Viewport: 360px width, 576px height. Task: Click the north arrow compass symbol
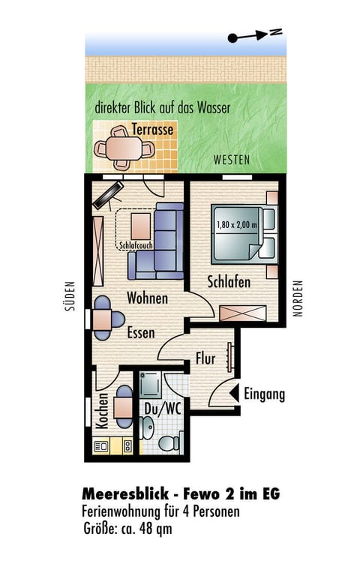click(254, 35)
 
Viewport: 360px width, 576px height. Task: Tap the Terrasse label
click(152, 129)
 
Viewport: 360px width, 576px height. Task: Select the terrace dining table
click(124, 148)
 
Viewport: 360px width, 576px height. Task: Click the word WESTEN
click(232, 160)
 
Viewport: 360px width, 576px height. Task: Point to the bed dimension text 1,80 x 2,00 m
click(236, 224)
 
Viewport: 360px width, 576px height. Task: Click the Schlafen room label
click(229, 282)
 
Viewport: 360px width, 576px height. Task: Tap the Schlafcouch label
click(136, 245)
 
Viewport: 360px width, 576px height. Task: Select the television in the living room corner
click(108, 196)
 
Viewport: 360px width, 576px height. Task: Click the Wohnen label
click(147, 298)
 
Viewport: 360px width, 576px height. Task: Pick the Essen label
click(141, 332)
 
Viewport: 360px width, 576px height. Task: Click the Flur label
click(205, 358)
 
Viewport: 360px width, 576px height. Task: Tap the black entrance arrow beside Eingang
click(234, 393)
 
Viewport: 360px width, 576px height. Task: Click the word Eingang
click(265, 394)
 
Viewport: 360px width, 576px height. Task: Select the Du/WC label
click(162, 409)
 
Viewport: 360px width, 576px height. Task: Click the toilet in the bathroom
click(169, 443)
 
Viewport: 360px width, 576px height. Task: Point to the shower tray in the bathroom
click(150, 384)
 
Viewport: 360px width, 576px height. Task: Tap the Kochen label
click(102, 411)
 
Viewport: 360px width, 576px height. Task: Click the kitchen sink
click(101, 446)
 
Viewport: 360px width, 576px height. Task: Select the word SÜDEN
click(70, 296)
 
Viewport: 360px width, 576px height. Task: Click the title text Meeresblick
click(125, 493)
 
